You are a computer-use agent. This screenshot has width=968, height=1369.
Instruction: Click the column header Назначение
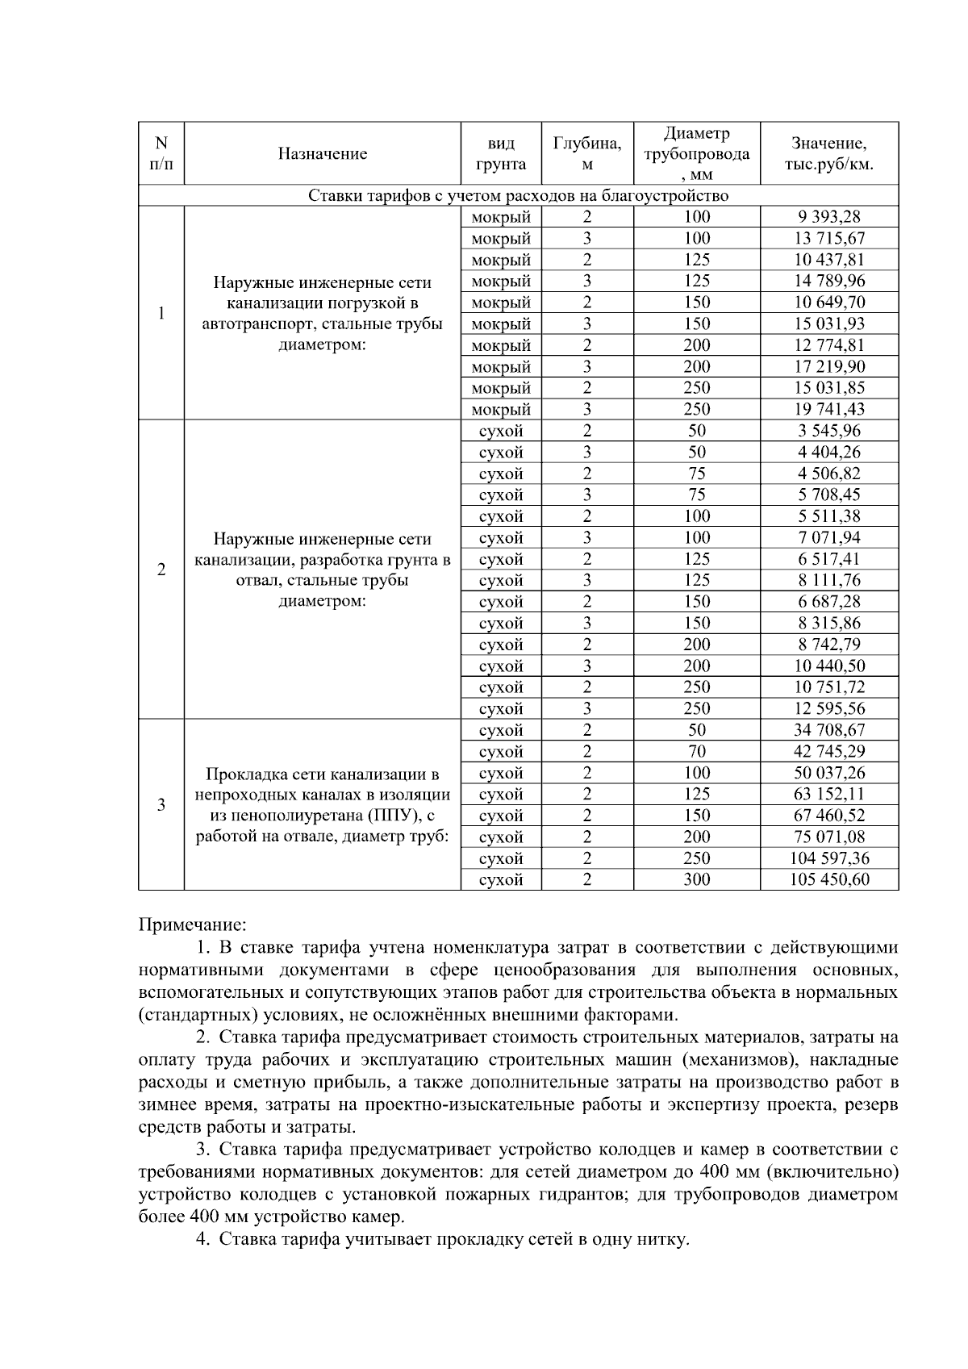[x=323, y=154]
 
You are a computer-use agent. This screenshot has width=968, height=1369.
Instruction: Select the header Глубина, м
[x=587, y=153]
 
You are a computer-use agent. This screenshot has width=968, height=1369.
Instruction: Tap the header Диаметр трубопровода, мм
[x=696, y=153]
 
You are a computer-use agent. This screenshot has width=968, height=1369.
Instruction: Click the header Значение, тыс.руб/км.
[x=829, y=153]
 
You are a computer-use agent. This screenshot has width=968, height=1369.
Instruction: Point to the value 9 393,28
[x=829, y=217]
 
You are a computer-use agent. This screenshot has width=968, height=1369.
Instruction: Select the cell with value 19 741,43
[x=829, y=409]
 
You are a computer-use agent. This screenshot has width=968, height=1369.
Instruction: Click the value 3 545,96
[x=829, y=431]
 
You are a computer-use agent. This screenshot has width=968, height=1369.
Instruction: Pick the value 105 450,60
[x=829, y=879]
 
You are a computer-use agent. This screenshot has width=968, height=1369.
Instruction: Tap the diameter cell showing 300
[x=696, y=879]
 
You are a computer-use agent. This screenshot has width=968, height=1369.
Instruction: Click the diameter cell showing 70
[x=696, y=751]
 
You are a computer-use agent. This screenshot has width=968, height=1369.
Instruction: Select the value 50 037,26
[x=829, y=773]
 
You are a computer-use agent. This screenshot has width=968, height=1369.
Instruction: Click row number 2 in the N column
[x=161, y=570]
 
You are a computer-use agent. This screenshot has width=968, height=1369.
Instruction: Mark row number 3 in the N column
[x=161, y=804]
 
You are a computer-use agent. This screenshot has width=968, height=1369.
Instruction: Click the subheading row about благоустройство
[x=518, y=196]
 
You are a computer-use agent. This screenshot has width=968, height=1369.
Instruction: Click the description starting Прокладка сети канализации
[x=323, y=805]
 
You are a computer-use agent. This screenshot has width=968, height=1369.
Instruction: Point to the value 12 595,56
[x=829, y=708]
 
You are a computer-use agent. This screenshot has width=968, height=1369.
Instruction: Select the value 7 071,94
[x=829, y=537]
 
